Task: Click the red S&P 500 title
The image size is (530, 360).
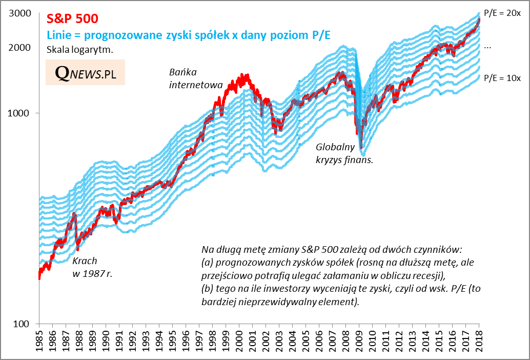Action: (72, 18)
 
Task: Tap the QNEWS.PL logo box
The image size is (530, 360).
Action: (85, 73)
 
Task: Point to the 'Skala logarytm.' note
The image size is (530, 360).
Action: (79, 50)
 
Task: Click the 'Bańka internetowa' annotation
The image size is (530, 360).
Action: (190, 78)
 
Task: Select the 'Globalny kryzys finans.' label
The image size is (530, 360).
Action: (344, 153)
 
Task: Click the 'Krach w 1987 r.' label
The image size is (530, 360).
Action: (92, 267)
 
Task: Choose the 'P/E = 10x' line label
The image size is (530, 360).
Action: (502, 78)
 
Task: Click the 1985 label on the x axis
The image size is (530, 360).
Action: (39, 342)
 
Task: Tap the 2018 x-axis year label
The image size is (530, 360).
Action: (479, 342)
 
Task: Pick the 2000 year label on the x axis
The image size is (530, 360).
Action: (239, 342)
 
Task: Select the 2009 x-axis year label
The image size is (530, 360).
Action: (359, 342)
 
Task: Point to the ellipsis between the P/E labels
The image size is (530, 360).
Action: (487, 46)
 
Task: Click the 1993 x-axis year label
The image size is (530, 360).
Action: (146, 342)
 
